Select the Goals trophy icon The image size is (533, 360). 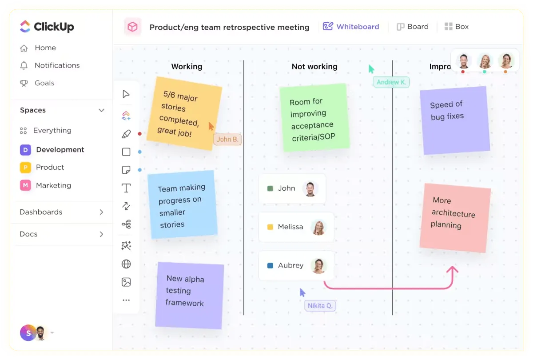(24, 83)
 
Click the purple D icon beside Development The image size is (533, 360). (25, 150)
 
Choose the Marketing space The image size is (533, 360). (54, 185)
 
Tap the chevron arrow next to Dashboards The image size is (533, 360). (101, 212)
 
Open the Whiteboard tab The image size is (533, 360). (351, 26)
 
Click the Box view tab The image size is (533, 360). (457, 26)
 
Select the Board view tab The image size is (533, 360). (412, 26)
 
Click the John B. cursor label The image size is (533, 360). (227, 139)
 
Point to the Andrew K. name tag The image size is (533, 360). (391, 82)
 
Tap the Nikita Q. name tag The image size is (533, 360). (320, 305)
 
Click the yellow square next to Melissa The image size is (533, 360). (270, 227)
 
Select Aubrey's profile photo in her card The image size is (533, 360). (318, 265)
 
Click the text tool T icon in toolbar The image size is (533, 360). (126, 188)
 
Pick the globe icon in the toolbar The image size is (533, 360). (126, 264)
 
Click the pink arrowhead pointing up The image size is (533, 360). (452, 270)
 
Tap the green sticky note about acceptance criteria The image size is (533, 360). (314, 118)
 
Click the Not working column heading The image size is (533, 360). (314, 66)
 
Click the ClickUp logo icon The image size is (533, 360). (25, 26)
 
